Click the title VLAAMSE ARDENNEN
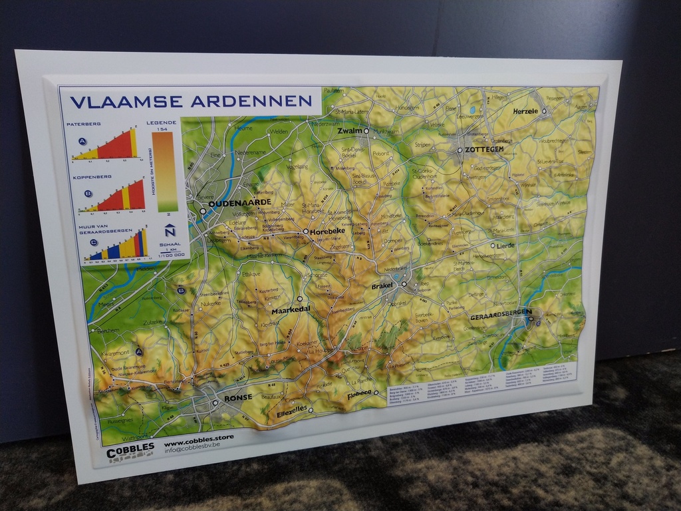pyautogui.click(x=191, y=102)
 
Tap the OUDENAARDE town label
pyautogui.click(x=239, y=203)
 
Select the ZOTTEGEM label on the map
pyautogui.click(x=484, y=150)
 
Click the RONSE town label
pyautogui.click(x=237, y=397)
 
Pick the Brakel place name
pyautogui.click(x=382, y=285)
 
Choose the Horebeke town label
pyautogui.click(x=327, y=232)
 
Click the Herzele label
pyautogui.click(x=525, y=111)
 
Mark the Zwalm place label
pyautogui.click(x=349, y=131)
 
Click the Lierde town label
pyautogui.click(x=506, y=245)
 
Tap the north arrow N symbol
pyautogui.click(x=170, y=231)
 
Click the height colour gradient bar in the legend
pyautogui.click(x=163, y=171)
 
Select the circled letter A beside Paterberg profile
pyautogui.click(x=82, y=141)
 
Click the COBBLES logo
pyautogui.click(x=130, y=450)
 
